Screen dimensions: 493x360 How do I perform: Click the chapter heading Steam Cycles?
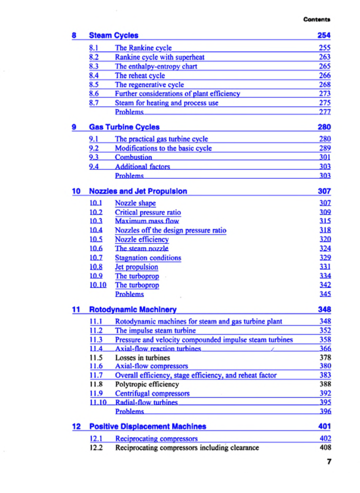pyautogui.click(x=113, y=35)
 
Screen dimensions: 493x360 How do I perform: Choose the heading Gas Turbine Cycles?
pyautogui.click(x=124, y=126)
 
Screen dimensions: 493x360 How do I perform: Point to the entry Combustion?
pyautogui.click(x=133, y=158)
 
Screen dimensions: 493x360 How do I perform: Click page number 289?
pyautogui.click(x=324, y=149)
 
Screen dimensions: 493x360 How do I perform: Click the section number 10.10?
pyautogui.click(x=98, y=285)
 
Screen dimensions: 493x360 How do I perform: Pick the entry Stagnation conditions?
pyautogui.click(x=148, y=258)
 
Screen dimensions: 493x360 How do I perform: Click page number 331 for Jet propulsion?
pyautogui.click(x=324, y=268)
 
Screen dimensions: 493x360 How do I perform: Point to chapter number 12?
pyautogui.click(x=76, y=426)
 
